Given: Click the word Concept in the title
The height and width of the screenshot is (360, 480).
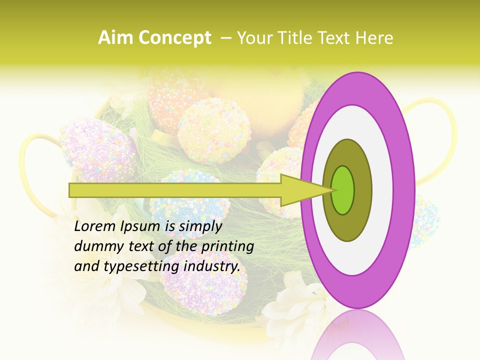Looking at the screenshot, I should tap(174, 38).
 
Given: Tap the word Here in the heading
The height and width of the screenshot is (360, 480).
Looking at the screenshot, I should tap(374, 38).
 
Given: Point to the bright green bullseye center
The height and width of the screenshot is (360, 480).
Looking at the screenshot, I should tap(342, 190).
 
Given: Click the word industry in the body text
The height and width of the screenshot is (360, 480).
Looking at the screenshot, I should tap(212, 266).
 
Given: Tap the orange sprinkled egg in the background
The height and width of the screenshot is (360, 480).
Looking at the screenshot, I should tap(172, 95).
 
